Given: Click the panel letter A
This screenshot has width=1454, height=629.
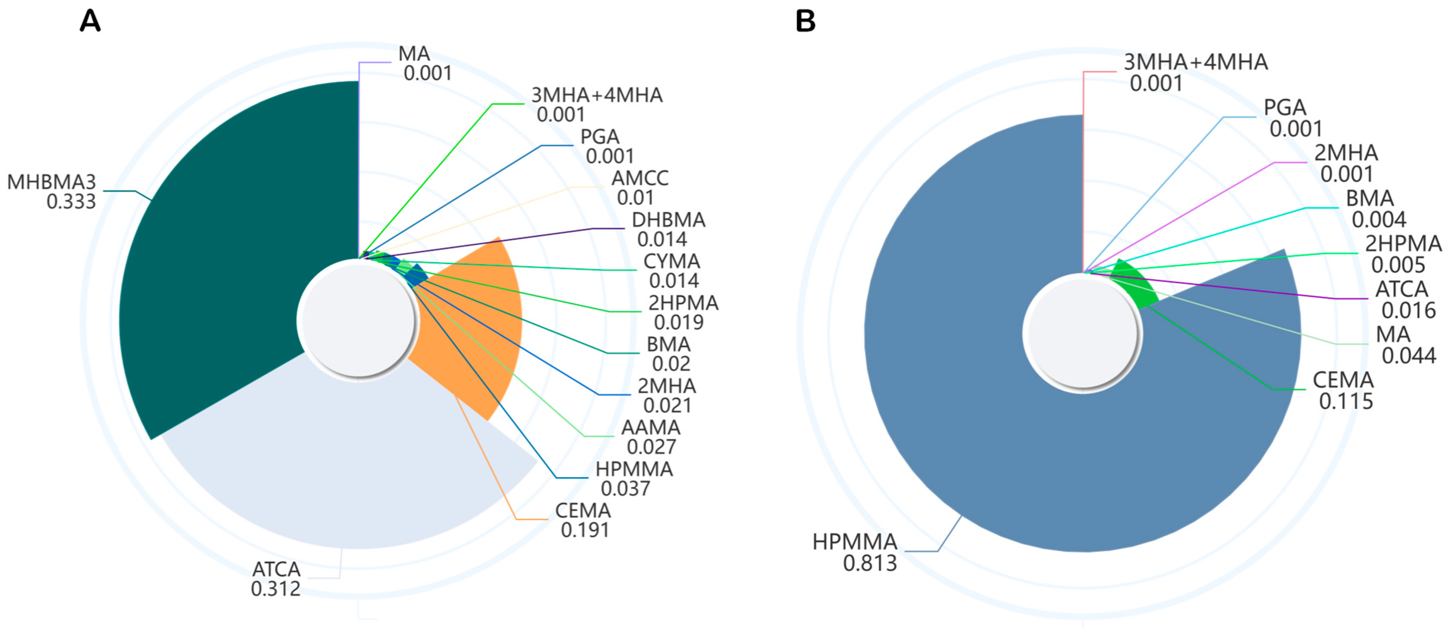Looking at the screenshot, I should (90, 21).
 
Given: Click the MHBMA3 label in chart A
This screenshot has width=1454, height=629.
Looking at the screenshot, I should (51, 182).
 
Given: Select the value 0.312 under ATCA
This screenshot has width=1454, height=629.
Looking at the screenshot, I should (275, 589).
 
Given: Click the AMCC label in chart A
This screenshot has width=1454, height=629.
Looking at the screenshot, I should (640, 178).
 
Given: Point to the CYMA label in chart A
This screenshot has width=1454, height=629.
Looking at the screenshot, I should (672, 261).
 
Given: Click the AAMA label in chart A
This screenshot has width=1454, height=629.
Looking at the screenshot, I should (651, 428).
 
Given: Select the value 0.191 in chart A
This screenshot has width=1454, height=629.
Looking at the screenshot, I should (585, 530).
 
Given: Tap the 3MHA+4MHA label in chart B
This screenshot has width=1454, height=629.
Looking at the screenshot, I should (1195, 62).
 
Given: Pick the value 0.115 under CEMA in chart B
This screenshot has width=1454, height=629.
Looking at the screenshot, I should (1346, 401).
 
